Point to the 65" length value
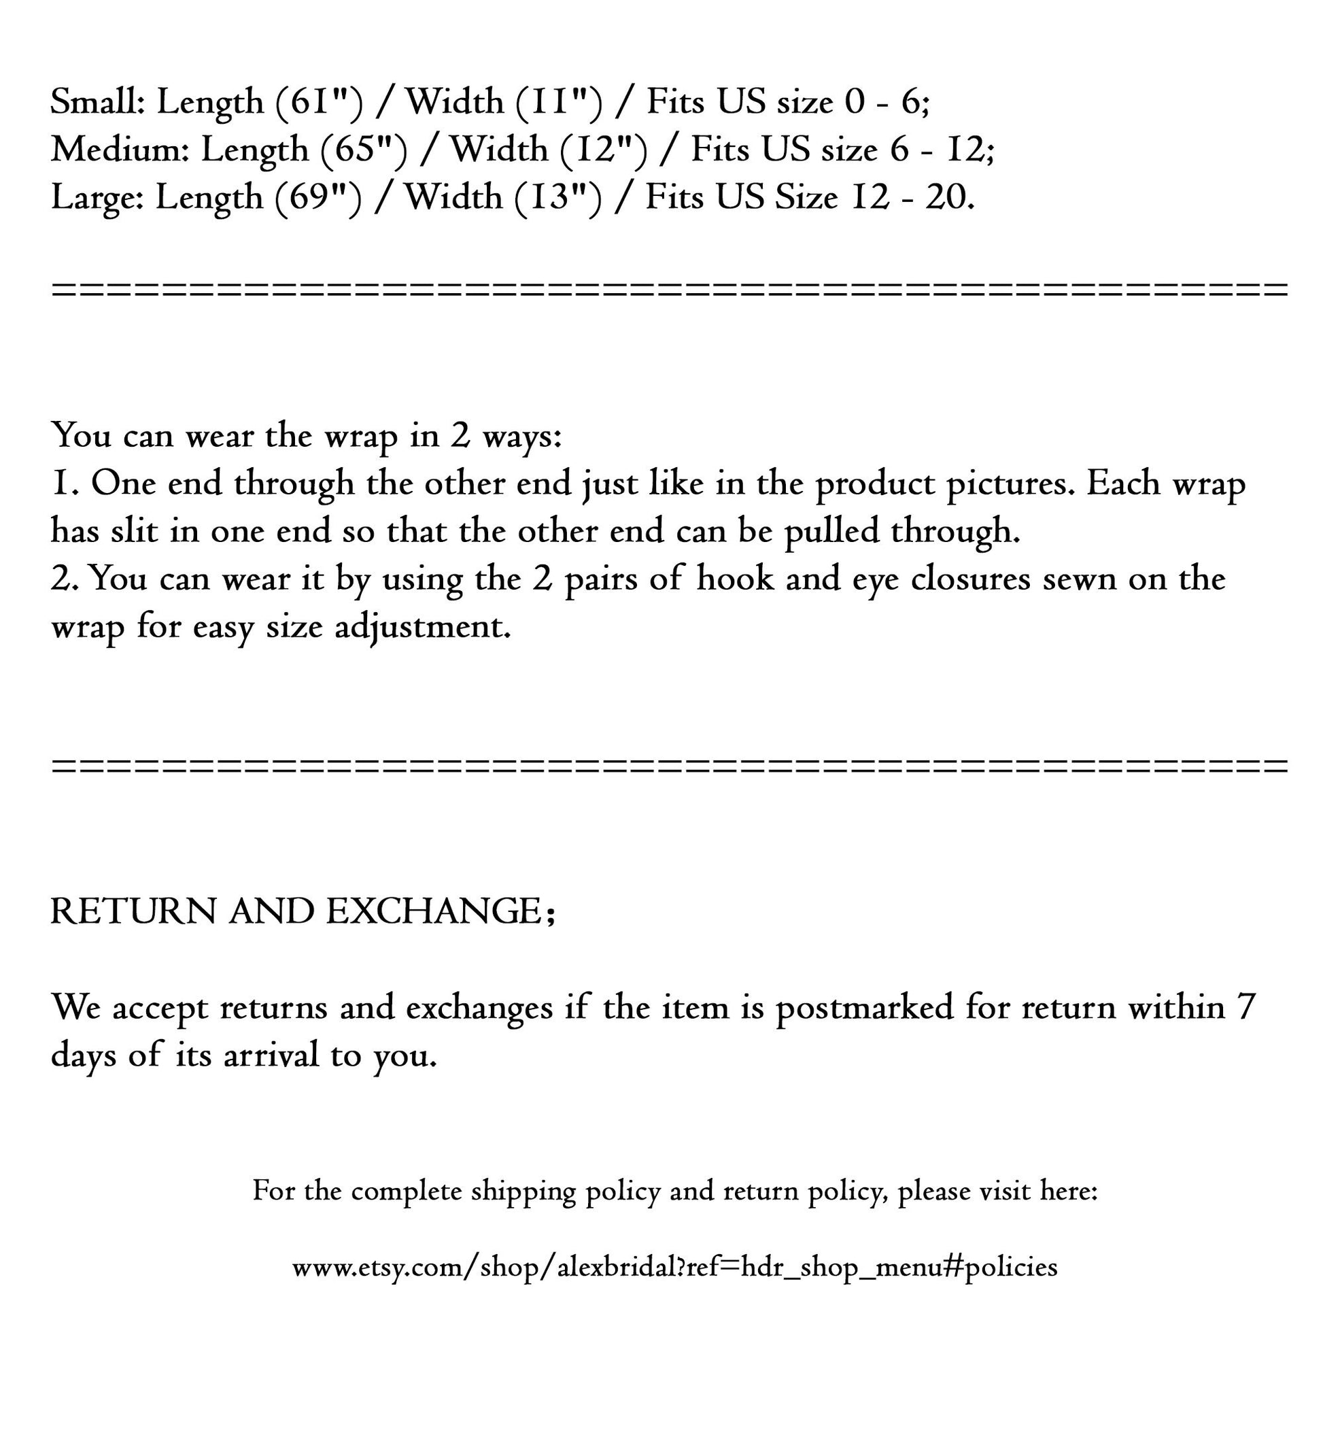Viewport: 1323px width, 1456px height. coord(364,150)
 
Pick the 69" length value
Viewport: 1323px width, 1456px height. coord(317,197)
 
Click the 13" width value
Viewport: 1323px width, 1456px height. coord(557,197)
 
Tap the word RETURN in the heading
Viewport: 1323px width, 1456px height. coord(133,911)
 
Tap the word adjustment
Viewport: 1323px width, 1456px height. coord(422,627)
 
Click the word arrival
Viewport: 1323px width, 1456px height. coord(271,1056)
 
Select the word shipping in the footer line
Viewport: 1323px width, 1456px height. coord(523,1191)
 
